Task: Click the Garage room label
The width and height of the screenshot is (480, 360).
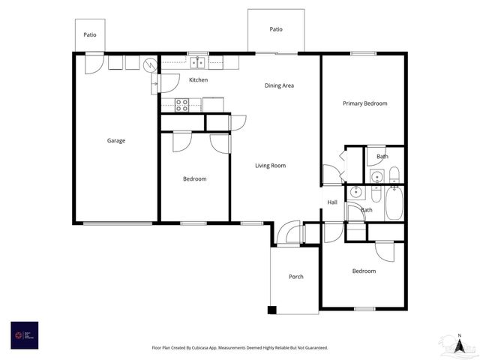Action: coord(115,140)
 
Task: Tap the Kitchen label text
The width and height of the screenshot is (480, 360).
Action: coord(198,79)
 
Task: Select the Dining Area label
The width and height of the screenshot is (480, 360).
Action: coord(279,85)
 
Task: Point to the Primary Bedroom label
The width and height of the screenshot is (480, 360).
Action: coord(364,103)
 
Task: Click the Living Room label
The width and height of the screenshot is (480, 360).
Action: coord(270,166)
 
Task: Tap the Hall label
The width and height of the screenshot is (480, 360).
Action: coord(332,202)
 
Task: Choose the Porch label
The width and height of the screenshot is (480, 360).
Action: coord(296,277)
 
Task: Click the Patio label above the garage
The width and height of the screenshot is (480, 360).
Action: coord(90,34)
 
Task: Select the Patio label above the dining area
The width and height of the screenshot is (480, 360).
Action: coord(276,29)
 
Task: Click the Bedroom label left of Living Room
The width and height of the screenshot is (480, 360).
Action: coord(195,178)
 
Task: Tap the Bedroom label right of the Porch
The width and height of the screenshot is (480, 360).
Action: coord(364,271)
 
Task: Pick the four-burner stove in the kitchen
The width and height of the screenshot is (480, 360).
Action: coord(181,104)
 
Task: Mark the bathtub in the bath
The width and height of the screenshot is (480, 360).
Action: coord(394,203)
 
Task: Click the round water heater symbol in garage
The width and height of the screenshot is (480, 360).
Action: coord(151,64)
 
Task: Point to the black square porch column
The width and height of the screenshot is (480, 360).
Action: coord(272,309)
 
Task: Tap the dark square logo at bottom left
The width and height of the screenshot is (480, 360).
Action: coord(24,334)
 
